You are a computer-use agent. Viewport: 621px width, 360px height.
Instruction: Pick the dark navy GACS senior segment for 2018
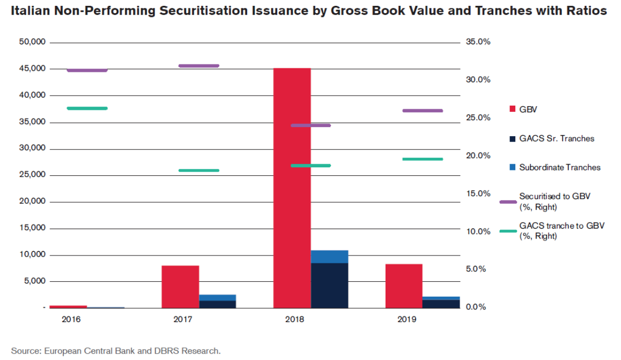click(x=330, y=285)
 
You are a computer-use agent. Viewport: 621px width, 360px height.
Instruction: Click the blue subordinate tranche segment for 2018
click(x=330, y=257)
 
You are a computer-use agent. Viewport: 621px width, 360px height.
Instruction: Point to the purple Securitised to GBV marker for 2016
click(x=87, y=70)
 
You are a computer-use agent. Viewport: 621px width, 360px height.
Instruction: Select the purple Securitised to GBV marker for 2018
click(x=310, y=126)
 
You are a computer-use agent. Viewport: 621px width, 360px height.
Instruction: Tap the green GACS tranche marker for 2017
click(x=199, y=170)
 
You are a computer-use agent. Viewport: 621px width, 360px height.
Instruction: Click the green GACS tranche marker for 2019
click(x=422, y=159)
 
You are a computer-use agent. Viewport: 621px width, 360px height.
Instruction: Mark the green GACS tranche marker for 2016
click(x=87, y=108)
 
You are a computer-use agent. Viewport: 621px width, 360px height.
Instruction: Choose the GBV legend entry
click(x=528, y=109)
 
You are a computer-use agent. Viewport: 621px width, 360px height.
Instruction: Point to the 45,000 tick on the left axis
click(x=33, y=69)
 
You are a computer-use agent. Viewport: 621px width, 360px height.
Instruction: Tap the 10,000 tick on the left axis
click(x=33, y=254)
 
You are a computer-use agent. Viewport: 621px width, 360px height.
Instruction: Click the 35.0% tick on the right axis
click(x=478, y=42)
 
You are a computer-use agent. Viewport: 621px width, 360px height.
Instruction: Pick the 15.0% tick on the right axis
click(x=478, y=193)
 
